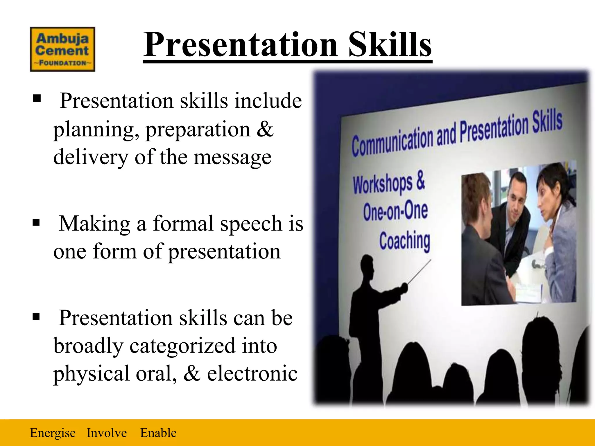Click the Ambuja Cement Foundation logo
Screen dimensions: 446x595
coord(62,49)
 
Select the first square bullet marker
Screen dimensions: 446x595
coord(37,99)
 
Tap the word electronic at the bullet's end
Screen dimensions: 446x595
coord(252,373)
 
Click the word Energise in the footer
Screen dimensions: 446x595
coord(53,433)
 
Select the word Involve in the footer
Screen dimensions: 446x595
coord(107,433)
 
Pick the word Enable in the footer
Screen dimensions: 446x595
coord(158,433)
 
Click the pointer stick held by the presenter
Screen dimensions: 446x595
coord(419,272)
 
